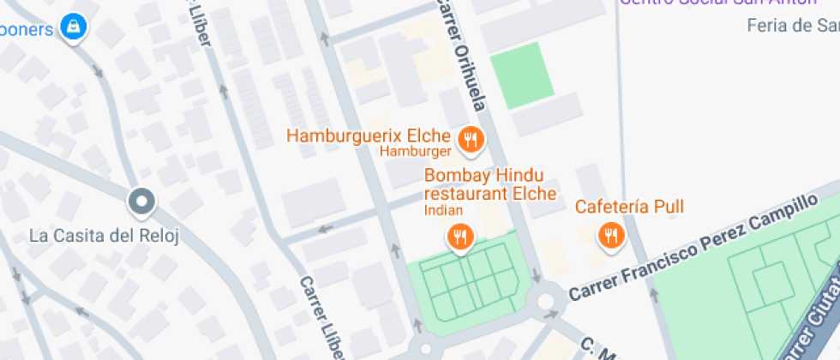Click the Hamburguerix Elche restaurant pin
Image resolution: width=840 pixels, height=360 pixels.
click(x=470, y=140)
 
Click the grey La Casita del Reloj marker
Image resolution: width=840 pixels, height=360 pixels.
click(x=141, y=203)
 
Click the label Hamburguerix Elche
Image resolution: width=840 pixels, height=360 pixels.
click(x=369, y=135)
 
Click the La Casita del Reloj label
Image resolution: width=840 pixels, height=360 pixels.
click(x=104, y=236)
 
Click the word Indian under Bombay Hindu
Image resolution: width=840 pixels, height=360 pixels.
click(x=443, y=210)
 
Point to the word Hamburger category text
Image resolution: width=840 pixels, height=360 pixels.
click(x=416, y=152)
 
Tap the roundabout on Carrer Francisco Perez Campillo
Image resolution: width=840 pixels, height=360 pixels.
click(x=547, y=301)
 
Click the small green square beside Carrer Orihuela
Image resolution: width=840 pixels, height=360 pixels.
click(x=522, y=75)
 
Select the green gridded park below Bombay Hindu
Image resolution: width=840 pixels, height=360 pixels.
click(x=465, y=283)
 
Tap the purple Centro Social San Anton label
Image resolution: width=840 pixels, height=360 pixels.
click(x=718, y=3)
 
